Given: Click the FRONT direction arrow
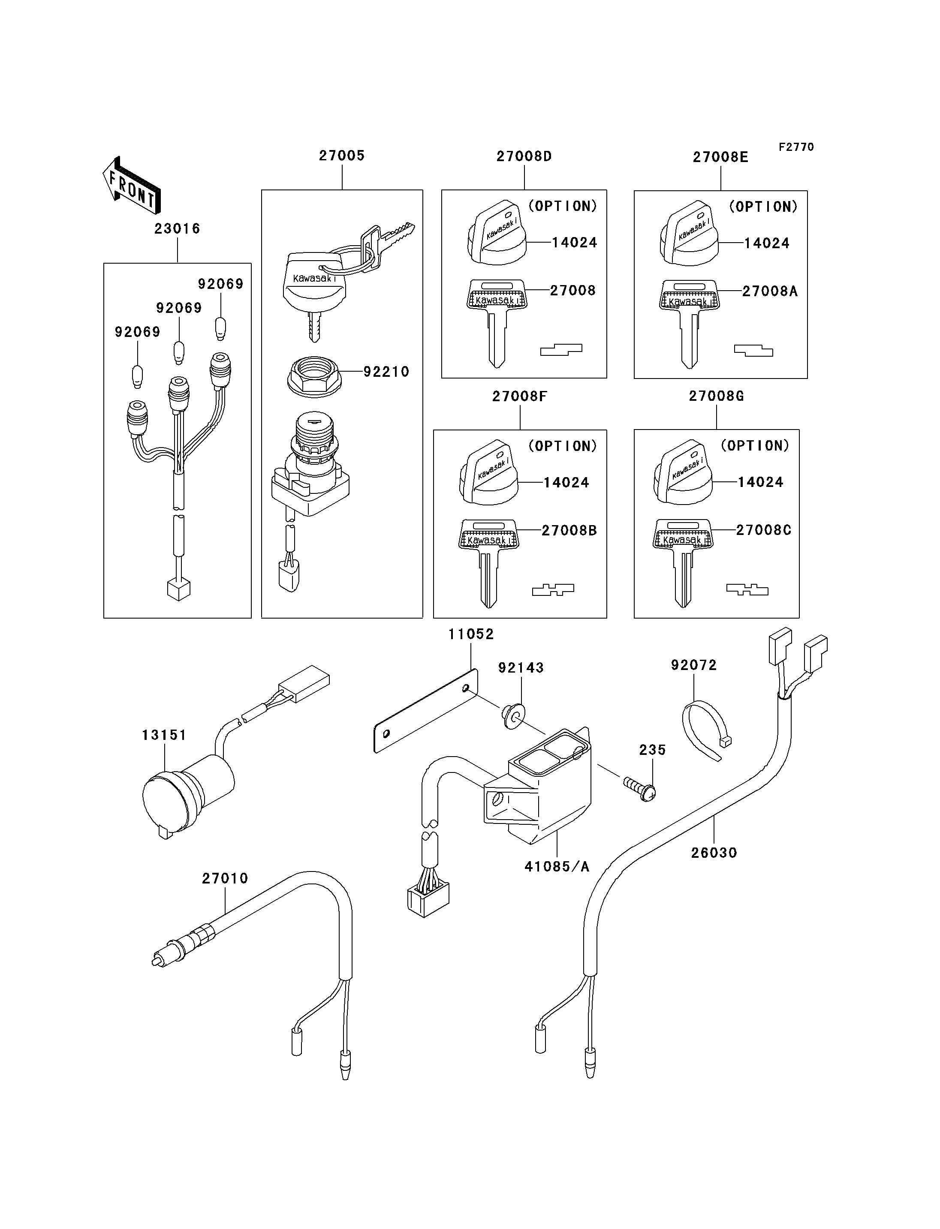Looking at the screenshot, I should point(132,185).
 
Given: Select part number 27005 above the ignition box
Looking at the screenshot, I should point(341,156).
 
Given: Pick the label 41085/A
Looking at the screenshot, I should point(557,866).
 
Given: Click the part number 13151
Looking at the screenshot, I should point(163,735).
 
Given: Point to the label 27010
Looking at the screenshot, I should point(225,878).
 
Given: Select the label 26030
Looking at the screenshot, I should point(714,853).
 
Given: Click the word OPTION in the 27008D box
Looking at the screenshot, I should point(563,207).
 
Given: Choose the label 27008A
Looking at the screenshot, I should point(769,291).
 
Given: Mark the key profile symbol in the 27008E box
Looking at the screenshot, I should point(753,351).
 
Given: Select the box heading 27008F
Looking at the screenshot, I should point(519,396).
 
